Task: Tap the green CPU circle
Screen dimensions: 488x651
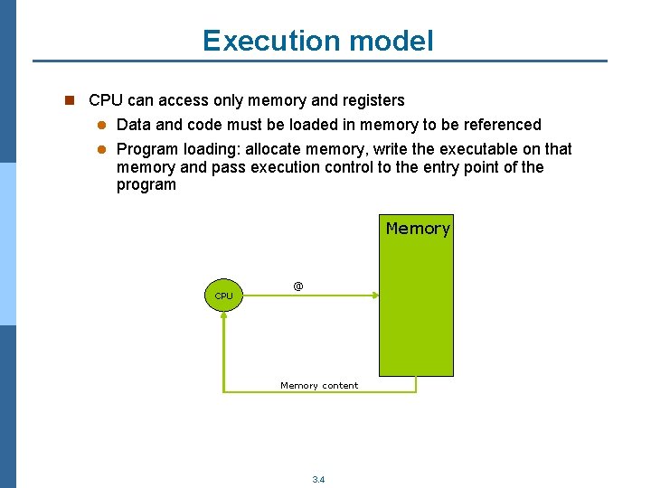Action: point(223,296)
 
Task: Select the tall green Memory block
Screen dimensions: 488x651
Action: point(415,307)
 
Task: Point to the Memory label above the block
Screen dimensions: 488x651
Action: point(418,229)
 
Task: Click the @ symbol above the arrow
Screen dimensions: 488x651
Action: point(298,286)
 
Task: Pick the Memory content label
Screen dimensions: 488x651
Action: point(319,386)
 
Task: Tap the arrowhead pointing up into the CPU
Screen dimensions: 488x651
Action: point(223,319)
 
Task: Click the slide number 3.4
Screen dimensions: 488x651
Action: point(318,480)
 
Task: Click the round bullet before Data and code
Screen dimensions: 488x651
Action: point(103,125)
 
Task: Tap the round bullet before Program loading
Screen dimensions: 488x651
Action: point(103,149)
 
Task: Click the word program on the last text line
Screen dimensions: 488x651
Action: point(146,185)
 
